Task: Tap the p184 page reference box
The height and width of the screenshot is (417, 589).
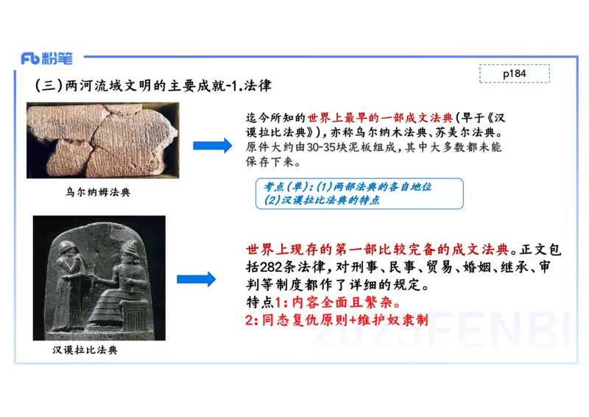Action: coord(515,74)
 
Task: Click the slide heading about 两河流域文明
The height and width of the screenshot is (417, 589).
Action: coord(154,85)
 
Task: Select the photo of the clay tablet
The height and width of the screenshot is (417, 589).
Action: coord(102,139)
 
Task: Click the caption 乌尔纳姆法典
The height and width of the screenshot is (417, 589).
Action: coord(98,193)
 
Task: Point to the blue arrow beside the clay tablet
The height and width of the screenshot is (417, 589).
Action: coord(212,145)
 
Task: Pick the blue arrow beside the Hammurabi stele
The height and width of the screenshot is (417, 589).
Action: coord(196,278)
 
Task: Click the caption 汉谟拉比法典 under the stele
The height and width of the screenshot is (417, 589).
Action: coord(85,349)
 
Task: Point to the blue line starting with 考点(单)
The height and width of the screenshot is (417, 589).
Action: coord(343,187)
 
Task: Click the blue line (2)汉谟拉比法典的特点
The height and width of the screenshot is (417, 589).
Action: coord(322,200)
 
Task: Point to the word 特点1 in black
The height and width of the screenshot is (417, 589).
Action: coord(263,303)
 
